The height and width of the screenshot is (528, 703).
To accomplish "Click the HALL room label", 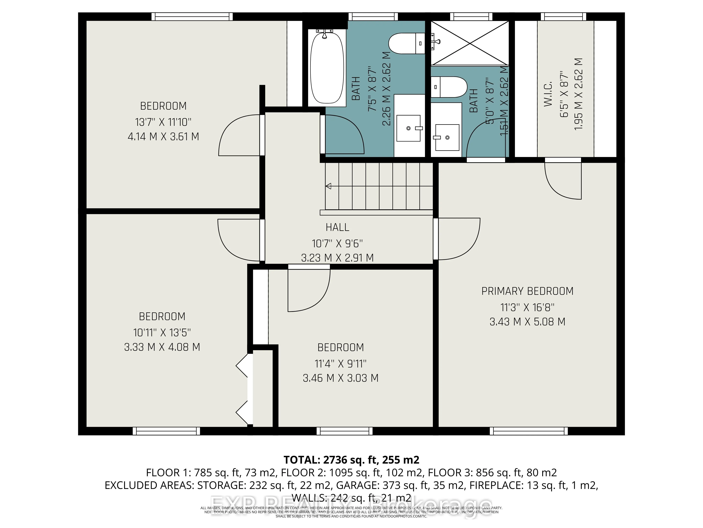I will click(337, 227).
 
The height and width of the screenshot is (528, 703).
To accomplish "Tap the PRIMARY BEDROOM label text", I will click(527, 291).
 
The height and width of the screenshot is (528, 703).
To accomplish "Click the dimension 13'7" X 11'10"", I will click(163, 122).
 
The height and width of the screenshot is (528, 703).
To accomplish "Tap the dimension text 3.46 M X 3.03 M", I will click(340, 378).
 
